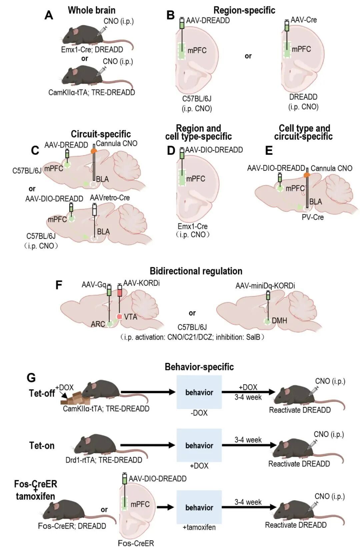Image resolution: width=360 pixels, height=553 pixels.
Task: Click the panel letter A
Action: coord(49,15)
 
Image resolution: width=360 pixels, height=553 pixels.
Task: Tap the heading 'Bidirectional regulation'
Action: coord(196,271)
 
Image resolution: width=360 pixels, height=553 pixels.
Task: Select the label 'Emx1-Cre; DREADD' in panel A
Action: coord(92,49)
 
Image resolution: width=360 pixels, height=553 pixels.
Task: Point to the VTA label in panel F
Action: coord(131,317)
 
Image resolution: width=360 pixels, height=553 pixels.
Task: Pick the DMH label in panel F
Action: coord(279,321)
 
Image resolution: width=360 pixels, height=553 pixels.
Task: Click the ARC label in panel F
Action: coord(98,324)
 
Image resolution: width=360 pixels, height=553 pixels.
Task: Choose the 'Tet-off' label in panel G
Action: coord(42,393)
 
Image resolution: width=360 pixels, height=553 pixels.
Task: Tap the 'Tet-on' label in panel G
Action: coord(42,446)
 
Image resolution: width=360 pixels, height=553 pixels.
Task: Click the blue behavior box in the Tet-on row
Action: coord(199,445)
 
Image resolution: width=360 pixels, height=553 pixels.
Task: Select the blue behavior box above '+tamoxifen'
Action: coord(199,507)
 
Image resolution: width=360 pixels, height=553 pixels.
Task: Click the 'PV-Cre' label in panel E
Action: coord(313,217)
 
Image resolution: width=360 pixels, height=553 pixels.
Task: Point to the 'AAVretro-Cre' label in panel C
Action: coord(110,198)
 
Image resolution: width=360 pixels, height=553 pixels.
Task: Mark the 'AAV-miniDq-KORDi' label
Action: coord(265,286)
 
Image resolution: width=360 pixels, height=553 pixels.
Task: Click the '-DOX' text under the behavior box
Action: coord(199,413)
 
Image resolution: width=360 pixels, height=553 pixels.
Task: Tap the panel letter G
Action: coord(31,378)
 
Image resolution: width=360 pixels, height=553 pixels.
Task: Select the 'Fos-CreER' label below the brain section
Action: coord(136,543)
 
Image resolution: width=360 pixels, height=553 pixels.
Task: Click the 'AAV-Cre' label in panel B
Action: coord(303,20)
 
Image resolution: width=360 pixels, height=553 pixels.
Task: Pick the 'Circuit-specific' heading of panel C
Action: coord(101,134)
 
